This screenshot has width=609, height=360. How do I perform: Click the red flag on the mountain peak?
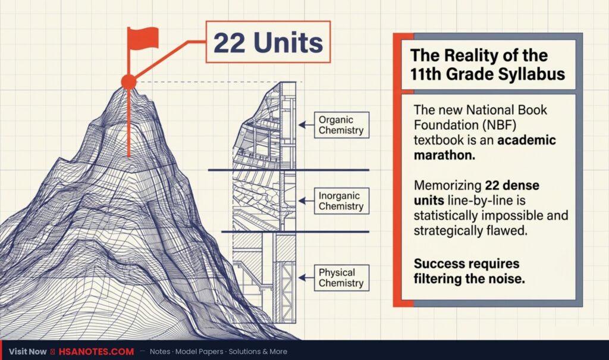(143, 38)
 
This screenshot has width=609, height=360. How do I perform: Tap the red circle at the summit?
(129, 82)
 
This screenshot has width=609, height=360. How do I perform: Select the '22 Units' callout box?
(268, 42)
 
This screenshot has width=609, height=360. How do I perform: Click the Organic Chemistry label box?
(341, 125)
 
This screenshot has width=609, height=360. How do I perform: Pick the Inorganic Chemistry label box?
(341, 201)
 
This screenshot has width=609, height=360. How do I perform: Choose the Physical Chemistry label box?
(341, 277)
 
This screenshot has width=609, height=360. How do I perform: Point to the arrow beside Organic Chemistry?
(306, 125)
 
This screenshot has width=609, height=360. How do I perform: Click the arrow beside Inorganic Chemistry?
(306, 201)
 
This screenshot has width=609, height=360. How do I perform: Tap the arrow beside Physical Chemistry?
(306, 277)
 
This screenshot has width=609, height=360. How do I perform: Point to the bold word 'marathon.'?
(444, 155)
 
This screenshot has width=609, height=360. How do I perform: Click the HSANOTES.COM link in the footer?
(96, 352)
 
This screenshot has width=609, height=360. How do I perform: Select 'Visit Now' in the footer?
(27, 352)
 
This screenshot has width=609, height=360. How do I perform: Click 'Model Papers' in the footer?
(199, 352)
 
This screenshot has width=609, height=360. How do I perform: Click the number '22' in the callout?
(230, 42)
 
